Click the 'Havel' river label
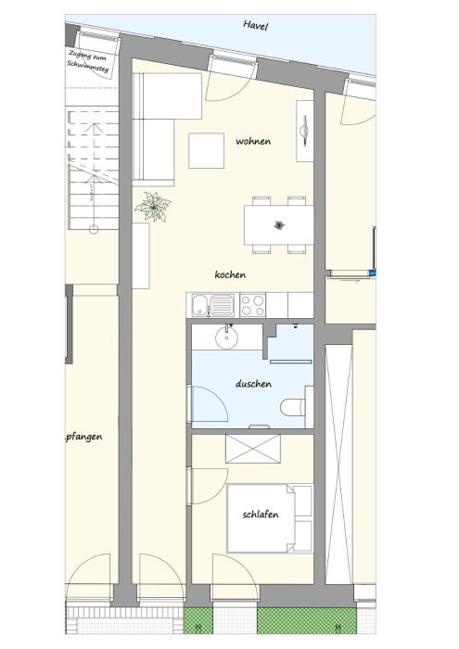click(255, 25)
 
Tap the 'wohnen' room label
click(253, 141)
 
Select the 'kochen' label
click(230, 274)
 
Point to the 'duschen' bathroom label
click(253, 384)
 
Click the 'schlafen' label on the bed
click(261, 515)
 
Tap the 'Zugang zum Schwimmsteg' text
click(88, 61)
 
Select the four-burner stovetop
click(252, 305)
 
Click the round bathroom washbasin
click(226, 337)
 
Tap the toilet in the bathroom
click(293, 407)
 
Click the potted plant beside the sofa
click(153, 206)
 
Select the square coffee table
click(206, 150)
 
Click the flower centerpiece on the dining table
click(279, 225)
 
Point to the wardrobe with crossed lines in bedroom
click(253, 448)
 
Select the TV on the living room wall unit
click(305, 131)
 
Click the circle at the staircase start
click(94, 229)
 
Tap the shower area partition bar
click(291, 362)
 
